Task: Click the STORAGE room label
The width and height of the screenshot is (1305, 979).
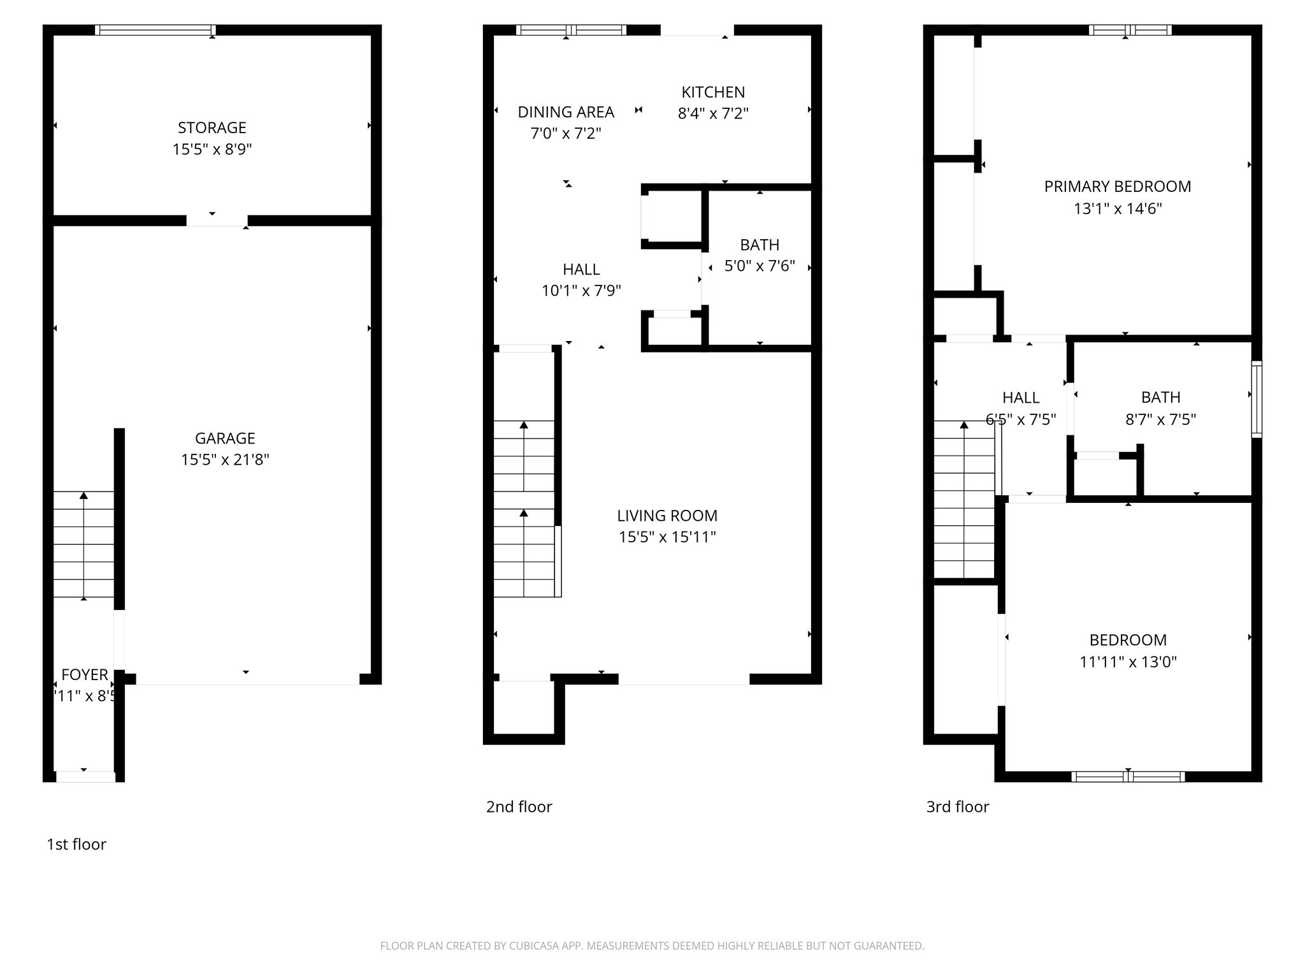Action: point(212,127)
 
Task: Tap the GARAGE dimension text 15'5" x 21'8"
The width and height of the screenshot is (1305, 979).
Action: point(225,460)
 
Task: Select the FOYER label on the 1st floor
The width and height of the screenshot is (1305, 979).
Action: point(84,674)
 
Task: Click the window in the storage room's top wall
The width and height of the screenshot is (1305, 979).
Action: point(155,30)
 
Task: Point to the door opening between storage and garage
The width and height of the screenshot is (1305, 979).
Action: point(217,221)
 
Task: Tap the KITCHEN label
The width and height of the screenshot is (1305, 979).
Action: point(712,92)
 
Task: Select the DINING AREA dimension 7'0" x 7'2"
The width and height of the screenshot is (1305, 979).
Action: point(566,133)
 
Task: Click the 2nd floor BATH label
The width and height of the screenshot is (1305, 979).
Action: point(759,245)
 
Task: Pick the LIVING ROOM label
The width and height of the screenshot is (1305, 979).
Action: point(667,515)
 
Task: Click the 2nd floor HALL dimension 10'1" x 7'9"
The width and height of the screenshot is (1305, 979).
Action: point(581,291)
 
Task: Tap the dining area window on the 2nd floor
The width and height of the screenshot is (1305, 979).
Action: point(571,30)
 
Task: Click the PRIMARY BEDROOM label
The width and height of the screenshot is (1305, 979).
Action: point(1117,186)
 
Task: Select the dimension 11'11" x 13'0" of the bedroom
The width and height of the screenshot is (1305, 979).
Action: point(1127,662)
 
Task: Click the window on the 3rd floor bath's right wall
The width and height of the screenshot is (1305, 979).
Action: point(1256,400)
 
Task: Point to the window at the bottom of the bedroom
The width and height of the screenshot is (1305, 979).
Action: point(1127,776)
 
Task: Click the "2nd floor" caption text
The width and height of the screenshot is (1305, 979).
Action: point(519,807)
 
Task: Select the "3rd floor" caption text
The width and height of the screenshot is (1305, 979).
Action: point(957,807)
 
